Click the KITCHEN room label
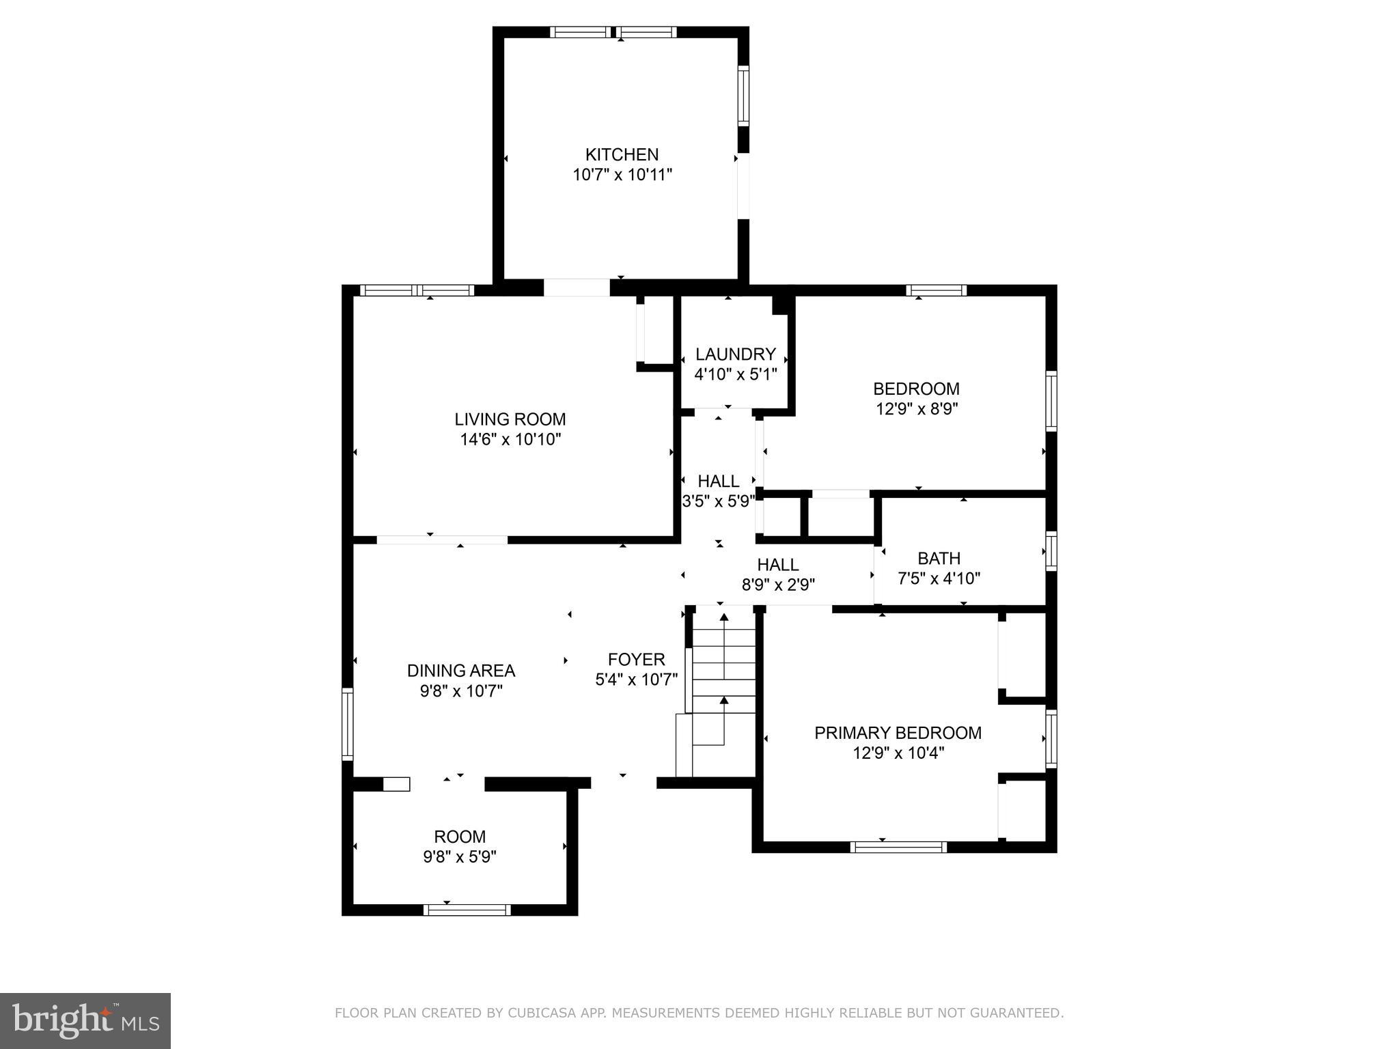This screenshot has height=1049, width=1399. coord(622,154)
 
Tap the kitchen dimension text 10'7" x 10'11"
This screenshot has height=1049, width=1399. coord(622,175)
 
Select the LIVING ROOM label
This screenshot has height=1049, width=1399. coord(510,419)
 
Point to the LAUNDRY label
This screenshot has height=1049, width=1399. coord(735,354)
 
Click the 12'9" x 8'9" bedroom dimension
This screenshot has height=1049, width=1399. coord(917,409)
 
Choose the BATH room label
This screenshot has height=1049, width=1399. coord(939,558)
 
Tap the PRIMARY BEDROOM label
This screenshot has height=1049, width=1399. coord(898,733)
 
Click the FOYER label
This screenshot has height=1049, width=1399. coord(636,659)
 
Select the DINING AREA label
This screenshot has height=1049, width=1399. coord(461,671)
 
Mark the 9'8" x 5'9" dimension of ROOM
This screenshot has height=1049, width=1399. coord(460,856)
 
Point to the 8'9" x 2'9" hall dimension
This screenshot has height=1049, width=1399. coord(778,585)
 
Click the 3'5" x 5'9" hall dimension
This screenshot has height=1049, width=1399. coord(718,501)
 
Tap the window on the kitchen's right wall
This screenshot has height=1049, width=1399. coord(743,96)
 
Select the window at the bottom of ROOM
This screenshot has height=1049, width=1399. coord(467,910)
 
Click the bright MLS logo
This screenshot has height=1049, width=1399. coord(85,1020)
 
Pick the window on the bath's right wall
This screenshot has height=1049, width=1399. coord(1051,550)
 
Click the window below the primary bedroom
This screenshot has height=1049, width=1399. coord(898,847)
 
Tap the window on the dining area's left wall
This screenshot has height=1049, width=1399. coord(347,724)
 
